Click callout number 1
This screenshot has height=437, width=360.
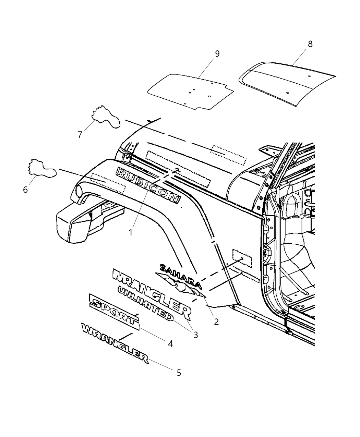click(131, 232)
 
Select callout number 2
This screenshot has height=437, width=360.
click(216, 321)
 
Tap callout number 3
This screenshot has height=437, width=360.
click(195, 335)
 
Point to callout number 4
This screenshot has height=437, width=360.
click(170, 343)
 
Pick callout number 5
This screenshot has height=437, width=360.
click(179, 372)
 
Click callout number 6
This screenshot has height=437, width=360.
click(25, 189)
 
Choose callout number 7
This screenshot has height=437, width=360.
click(80, 135)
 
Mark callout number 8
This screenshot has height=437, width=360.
click(310, 44)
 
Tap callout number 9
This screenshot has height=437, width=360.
click(217, 54)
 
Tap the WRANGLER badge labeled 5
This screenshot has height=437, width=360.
click(115, 343)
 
